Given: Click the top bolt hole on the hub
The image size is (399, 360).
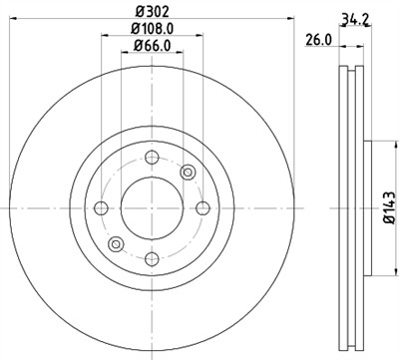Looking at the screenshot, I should tap(152, 157).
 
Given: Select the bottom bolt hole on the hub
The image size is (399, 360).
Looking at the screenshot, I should tap(152, 258).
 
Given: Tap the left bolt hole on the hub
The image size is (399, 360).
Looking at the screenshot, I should tap(101, 207).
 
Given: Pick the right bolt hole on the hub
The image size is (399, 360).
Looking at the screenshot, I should tap(202, 207).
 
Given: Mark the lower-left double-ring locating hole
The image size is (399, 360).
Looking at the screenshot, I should tap(116, 243).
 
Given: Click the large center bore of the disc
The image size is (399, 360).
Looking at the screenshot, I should tap(152, 207).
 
